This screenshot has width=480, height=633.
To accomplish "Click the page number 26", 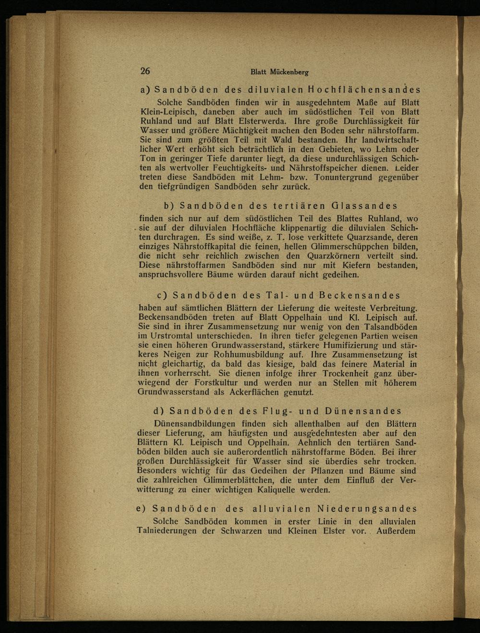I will point(145,71).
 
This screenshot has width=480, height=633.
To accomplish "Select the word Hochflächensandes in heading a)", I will point(365,90).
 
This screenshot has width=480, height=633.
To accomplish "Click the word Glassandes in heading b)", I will point(365,206).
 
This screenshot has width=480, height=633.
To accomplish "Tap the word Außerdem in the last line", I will point(396,531).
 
